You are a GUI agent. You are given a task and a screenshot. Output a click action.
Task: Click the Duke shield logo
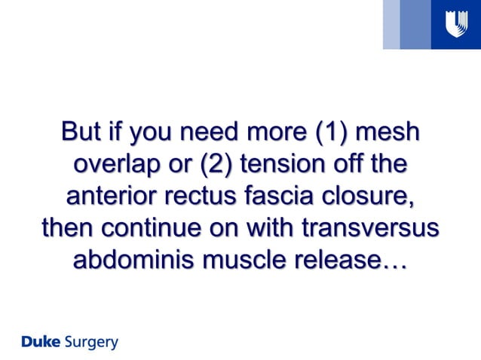[455, 25]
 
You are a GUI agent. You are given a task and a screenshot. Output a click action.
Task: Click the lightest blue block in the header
[391, 25]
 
